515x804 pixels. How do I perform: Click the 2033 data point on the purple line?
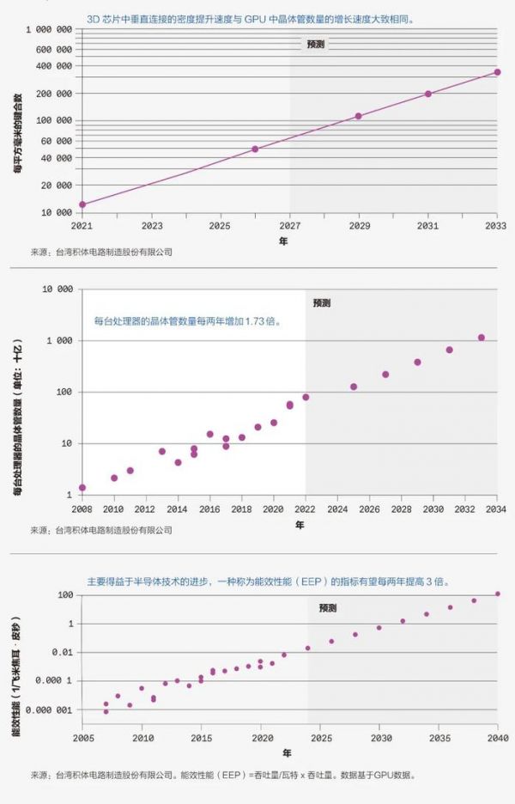(x=497, y=72)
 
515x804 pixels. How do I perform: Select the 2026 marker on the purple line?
(x=255, y=149)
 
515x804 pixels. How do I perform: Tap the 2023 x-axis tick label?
(x=152, y=226)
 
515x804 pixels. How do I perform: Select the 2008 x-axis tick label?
(x=82, y=509)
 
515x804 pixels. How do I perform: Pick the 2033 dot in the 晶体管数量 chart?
(x=482, y=338)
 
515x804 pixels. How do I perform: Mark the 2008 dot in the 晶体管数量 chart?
(x=82, y=488)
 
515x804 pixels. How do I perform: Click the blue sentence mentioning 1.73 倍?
(x=187, y=322)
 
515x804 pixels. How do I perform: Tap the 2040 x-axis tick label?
(x=498, y=738)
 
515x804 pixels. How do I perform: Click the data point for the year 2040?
(x=498, y=594)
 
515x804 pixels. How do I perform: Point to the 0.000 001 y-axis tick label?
(x=52, y=710)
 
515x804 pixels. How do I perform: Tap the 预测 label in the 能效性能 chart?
(x=328, y=608)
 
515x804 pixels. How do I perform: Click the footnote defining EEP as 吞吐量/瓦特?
(x=223, y=774)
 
